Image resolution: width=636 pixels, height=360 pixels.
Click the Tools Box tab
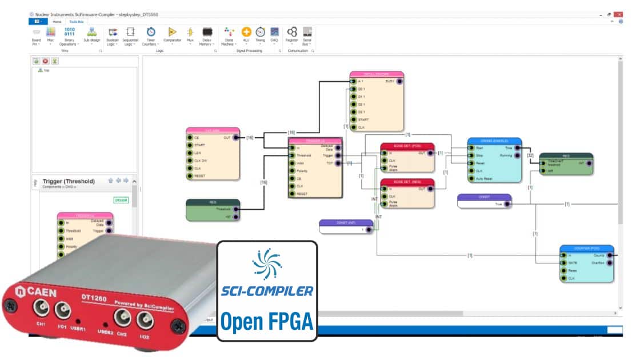77,21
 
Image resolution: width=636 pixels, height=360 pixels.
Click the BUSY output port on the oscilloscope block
399,82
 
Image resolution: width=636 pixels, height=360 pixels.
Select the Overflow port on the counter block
609,263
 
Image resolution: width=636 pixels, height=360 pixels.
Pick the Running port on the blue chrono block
517,155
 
